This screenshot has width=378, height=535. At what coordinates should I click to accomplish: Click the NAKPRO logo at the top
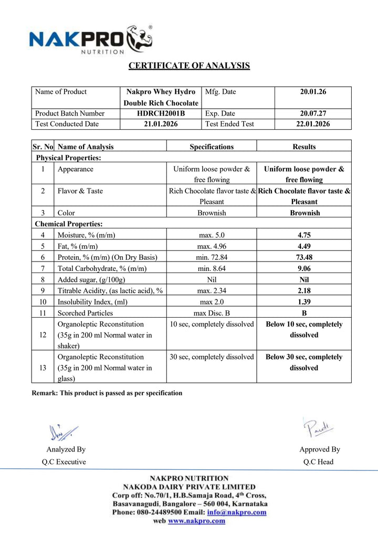90,39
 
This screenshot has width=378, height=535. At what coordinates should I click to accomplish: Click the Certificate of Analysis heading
189,66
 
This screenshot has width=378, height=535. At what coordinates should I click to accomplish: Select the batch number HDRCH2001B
161,113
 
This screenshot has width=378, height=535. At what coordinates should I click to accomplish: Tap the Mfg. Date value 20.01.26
313,92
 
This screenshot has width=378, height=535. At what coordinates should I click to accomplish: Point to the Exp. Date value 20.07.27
313,113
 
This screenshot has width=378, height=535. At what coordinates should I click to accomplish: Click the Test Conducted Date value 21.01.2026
161,124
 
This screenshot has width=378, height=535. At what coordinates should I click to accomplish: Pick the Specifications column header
212,147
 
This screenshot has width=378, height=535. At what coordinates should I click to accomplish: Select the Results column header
304,147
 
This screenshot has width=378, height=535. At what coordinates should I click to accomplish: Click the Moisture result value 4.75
304,235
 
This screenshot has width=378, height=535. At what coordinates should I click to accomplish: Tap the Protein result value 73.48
304,257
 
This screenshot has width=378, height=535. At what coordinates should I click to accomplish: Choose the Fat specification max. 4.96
212,246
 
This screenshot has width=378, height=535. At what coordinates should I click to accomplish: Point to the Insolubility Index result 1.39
304,302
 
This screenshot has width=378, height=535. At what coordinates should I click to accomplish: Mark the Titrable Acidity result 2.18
304,291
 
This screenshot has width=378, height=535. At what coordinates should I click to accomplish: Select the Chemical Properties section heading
68,224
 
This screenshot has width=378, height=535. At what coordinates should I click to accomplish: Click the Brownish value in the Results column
304,213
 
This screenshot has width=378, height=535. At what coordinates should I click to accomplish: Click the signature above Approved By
318,428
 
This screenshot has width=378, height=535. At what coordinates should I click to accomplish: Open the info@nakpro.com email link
236,512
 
